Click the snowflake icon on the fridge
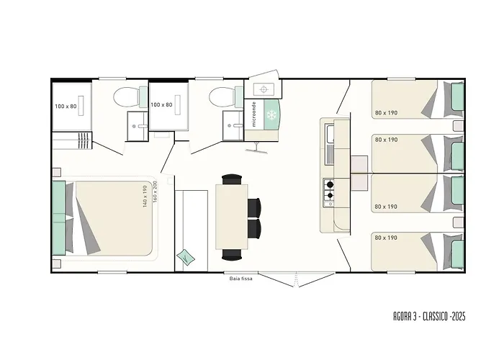[x=272, y=116]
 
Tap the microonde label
[x=254, y=114]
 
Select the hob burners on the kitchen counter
[x=330, y=189]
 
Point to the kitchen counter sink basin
[x=329, y=134]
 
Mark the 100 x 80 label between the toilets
[x=161, y=104]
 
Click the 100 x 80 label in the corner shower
[x=65, y=106]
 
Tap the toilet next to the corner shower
[x=128, y=96]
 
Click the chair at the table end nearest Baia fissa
[x=232, y=253]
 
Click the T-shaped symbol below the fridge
[x=256, y=148]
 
